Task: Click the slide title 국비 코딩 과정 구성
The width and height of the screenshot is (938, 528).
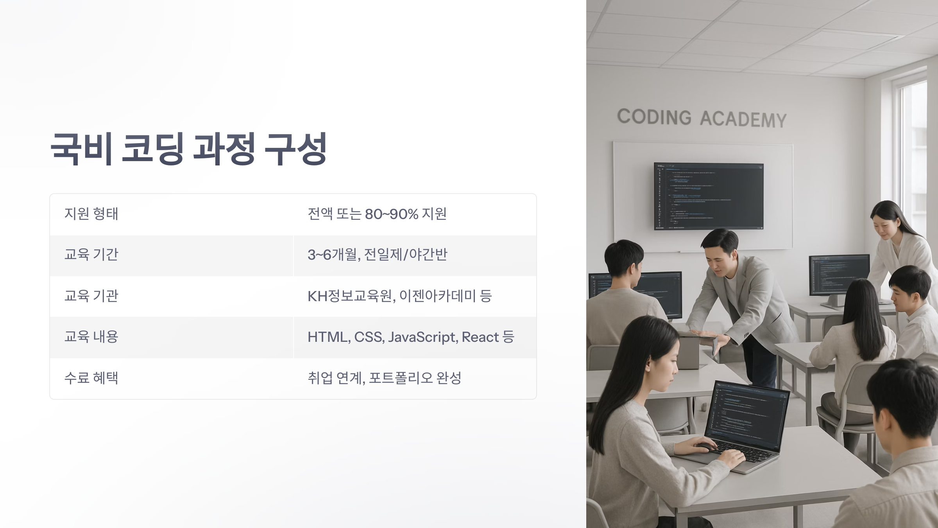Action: tap(188, 149)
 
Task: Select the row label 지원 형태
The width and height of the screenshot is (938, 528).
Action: tap(91, 214)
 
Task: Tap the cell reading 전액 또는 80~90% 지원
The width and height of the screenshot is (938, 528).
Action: tap(377, 214)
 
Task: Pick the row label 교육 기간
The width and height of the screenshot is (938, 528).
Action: tap(91, 255)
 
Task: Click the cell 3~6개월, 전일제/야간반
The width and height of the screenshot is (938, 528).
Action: tap(377, 255)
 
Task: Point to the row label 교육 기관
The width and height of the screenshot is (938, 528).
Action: tap(91, 296)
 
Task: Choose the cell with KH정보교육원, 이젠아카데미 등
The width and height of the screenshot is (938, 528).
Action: tap(399, 296)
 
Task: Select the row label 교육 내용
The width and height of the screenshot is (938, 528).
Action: tap(91, 337)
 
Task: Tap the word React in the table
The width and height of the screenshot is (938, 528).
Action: tap(480, 337)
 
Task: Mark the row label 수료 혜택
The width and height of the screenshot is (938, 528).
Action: tap(91, 378)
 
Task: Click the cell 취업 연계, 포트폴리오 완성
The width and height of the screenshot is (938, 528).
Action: tap(384, 378)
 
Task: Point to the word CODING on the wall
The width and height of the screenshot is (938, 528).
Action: tap(654, 117)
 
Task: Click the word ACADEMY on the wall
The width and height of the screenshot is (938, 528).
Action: tap(743, 119)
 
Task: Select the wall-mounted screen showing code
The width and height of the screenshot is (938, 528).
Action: tap(709, 196)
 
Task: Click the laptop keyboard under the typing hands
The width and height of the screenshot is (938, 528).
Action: tap(743, 454)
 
